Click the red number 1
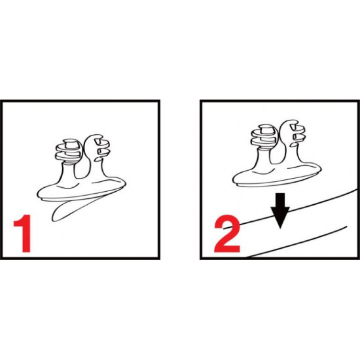click(24, 233)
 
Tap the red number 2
click(227, 234)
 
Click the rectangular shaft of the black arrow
click(280, 200)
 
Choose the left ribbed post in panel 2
click(264, 136)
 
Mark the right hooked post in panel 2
click(292, 137)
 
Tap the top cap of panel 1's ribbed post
click(71, 143)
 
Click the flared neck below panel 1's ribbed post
click(69, 175)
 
